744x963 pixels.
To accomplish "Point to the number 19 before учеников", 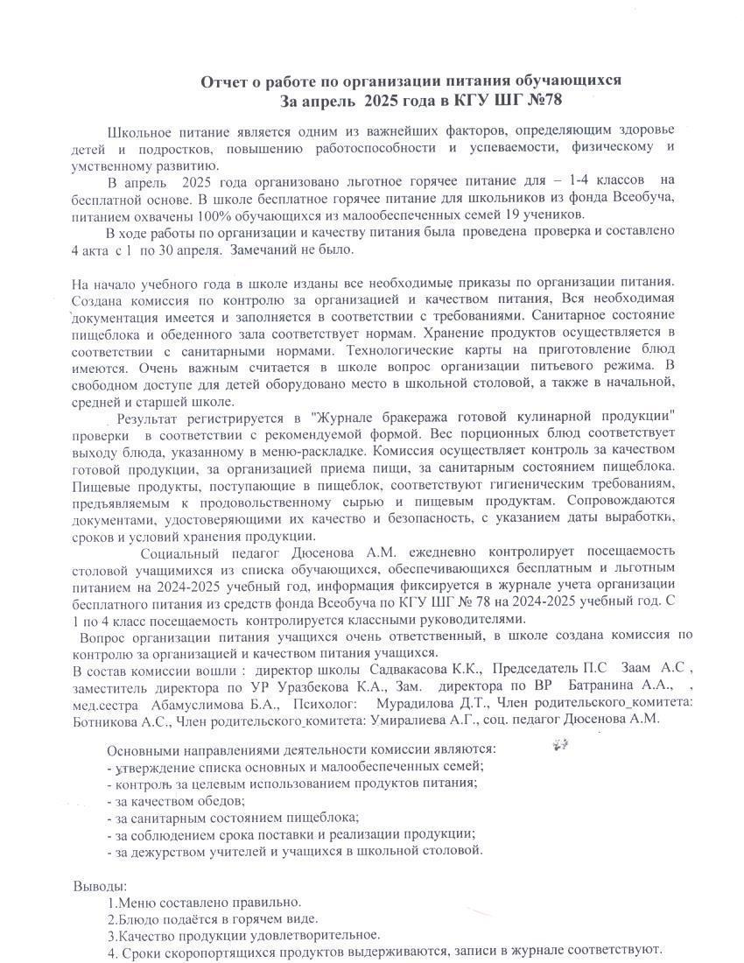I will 532,214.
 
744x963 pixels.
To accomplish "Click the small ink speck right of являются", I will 561,745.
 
